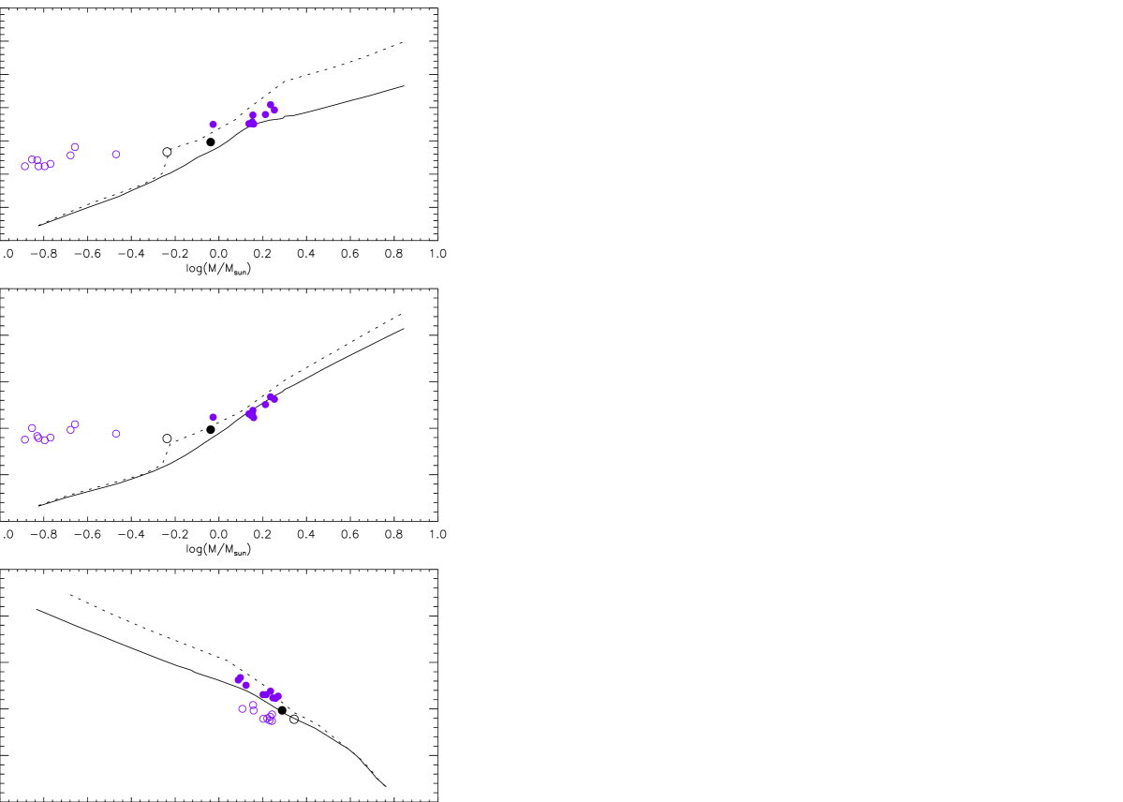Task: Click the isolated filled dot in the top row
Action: point(214,125)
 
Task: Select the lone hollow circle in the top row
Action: point(116,155)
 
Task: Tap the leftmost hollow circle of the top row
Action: point(25,167)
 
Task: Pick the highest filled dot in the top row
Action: point(271,105)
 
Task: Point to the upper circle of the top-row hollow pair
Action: point(76,147)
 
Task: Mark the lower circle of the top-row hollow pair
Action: point(70,156)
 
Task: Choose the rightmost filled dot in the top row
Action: point(274,111)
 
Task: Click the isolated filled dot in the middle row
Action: point(214,417)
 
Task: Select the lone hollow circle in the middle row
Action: point(116,434)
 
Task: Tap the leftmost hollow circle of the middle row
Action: point(25,439)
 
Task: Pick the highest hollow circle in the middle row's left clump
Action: point(32,428)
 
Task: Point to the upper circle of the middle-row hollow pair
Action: point(76,424)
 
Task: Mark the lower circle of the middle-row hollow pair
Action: point(70,430)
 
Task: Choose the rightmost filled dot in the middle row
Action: point(274,399)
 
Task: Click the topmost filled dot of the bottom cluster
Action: point(241,677)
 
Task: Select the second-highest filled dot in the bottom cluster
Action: point(246,685)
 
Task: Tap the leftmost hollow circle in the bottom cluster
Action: point(243,709)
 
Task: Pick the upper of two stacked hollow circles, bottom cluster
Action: point(253,705)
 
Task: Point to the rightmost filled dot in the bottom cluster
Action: point(279,696)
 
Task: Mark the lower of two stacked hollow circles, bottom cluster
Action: point(254,711)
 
